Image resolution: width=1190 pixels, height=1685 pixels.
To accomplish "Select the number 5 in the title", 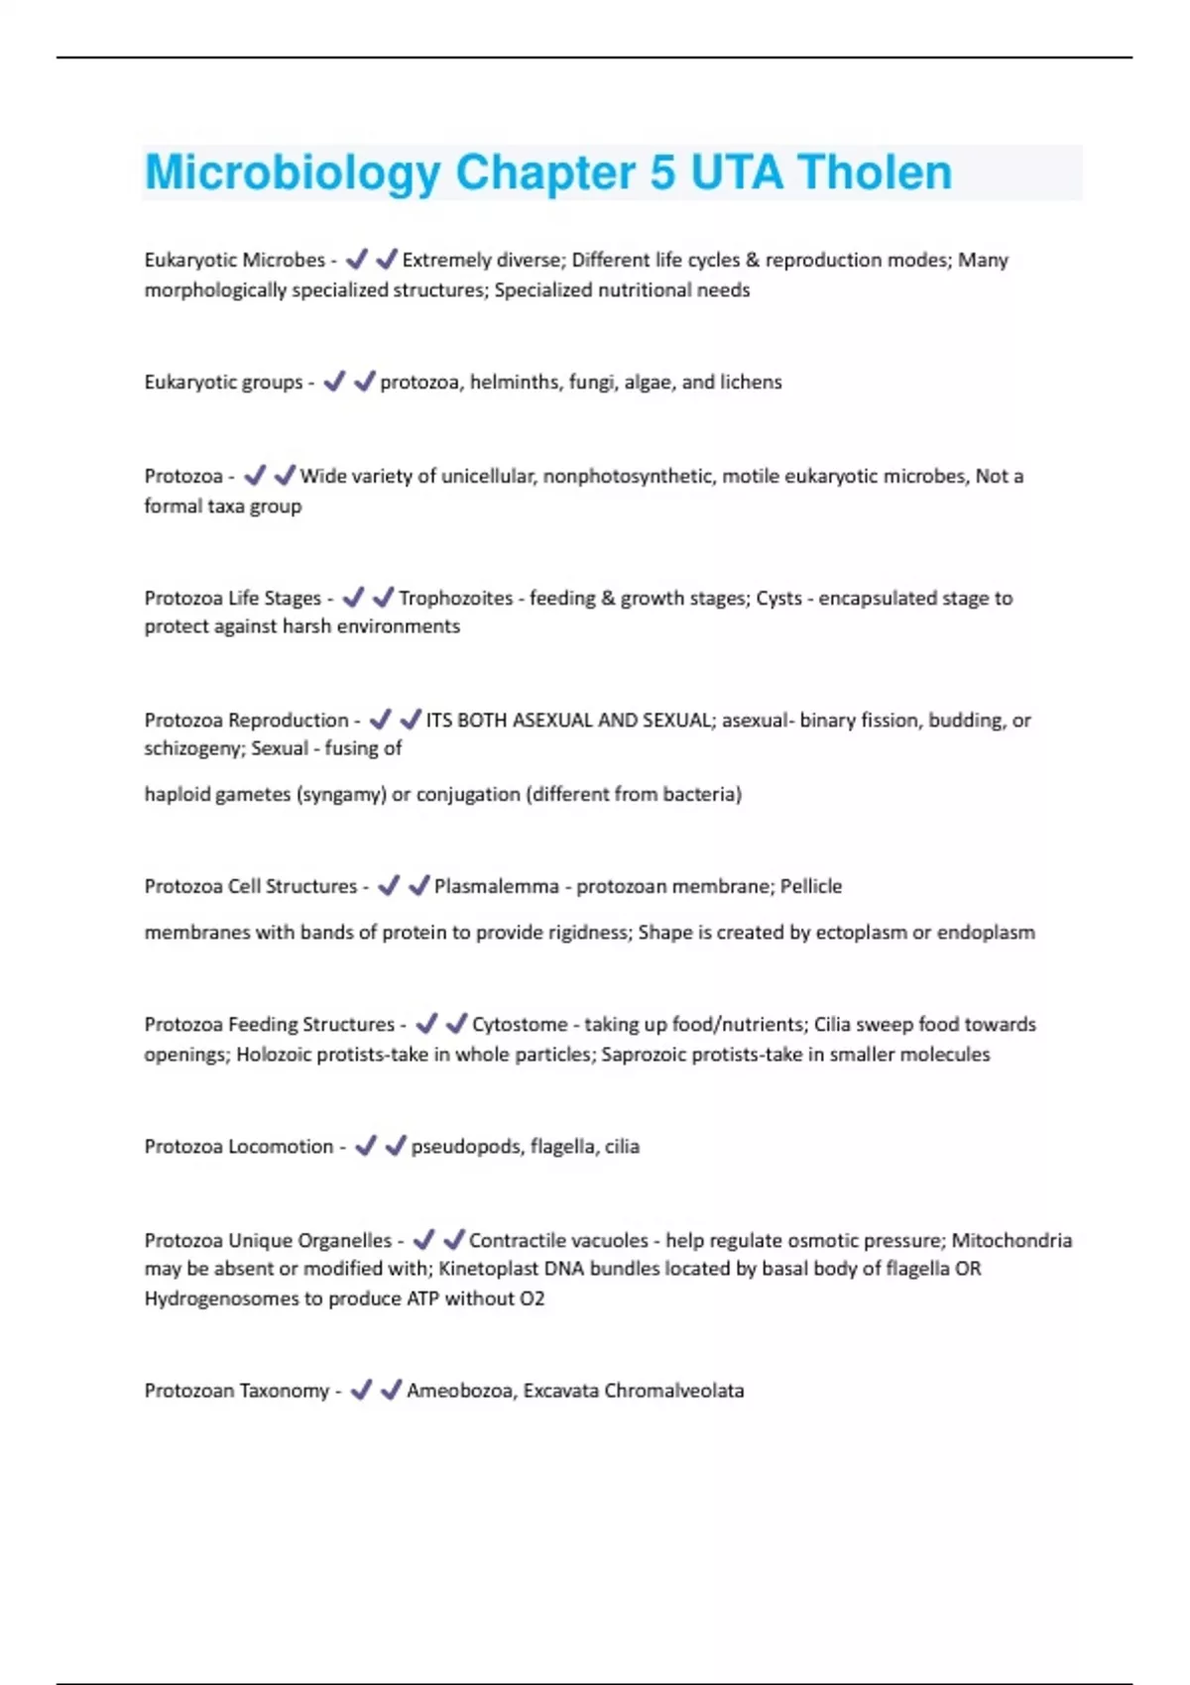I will pos(662,172).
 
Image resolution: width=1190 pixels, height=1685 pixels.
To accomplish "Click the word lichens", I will pos(755,382).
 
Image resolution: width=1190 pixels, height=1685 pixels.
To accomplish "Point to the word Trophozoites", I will pos(455,598).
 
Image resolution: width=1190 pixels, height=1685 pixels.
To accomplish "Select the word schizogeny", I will pos(191,748).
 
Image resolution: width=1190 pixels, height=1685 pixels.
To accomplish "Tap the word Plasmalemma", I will pos(496,886).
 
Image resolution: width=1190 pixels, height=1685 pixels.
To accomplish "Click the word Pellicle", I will pos(810,886).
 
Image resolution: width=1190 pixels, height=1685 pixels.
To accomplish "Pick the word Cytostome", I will pos(520,1024).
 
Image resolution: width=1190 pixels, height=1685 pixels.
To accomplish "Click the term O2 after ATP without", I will pos(533,1298).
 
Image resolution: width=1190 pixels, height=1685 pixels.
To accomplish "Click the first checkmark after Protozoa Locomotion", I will pos(366,1146).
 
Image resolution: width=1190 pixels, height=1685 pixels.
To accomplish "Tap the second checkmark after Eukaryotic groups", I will pos(364,382).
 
